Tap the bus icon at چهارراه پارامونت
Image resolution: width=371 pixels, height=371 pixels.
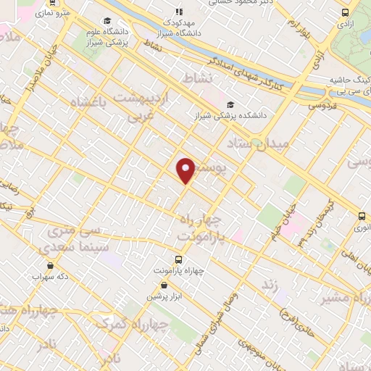tap(178, 259)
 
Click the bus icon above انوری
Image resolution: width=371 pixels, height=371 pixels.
tap(362, 215)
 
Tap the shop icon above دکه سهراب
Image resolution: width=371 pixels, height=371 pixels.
tap(36, 265)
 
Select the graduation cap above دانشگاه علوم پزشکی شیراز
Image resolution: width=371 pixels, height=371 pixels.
tap(107, 21)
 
